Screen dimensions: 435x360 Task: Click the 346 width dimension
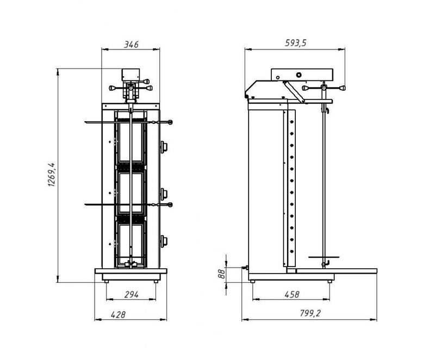pyautogui.click(x=131, y=45)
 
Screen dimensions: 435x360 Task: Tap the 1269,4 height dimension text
pyautogui.click(x=52, y=175)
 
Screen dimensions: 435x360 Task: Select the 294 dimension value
pyautogui.click(x=131, y=295)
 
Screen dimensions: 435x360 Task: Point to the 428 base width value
pyautogui.click(x=118, y=314)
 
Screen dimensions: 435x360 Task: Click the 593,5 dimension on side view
pyautogui.click(x=296, y=43)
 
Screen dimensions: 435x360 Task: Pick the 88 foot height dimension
pyautogui.click(x=221, y=274)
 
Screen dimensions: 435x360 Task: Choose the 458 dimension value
pyautogui.click(x=292, y=294)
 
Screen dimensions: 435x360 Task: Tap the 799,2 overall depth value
pyautogui.click(x=310, y=313)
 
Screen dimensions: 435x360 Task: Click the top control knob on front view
pyautogui.click(x=164, y=146)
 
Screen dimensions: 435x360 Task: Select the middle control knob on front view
pyautogui.click(x=164, y=194)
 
